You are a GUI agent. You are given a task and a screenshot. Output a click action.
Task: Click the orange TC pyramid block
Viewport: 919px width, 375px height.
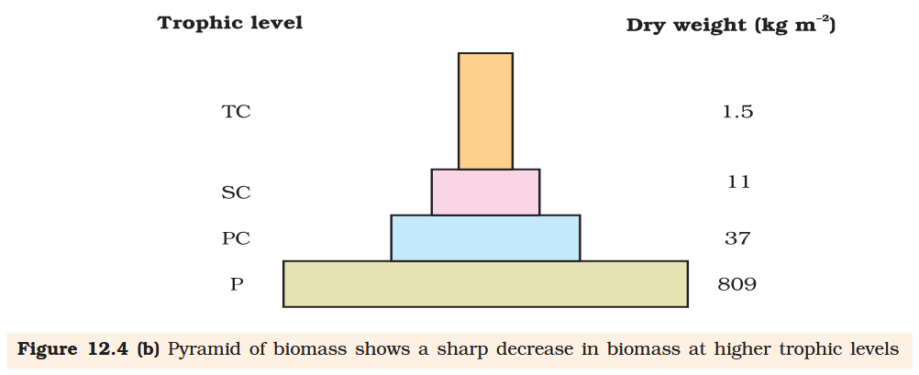tap(485, 111)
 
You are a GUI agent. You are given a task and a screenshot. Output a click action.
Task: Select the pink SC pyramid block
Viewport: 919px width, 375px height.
tap(485, 192)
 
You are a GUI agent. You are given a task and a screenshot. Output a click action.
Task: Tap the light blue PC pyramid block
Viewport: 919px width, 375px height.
tap(485, 237)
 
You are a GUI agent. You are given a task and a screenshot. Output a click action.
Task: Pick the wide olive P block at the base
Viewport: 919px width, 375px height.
tap(485, 283)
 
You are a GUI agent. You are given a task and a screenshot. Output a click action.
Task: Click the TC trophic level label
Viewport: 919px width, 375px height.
tap(236, 112)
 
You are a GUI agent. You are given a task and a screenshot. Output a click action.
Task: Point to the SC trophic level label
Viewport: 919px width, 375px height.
tap(236, 193)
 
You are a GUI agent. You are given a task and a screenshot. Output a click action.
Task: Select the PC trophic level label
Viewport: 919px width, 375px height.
tap(236, 238)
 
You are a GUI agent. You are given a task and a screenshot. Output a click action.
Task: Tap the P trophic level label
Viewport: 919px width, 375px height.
tap(237, 284)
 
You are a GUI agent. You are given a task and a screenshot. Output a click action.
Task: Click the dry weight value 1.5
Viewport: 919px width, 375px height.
tap(737, 112)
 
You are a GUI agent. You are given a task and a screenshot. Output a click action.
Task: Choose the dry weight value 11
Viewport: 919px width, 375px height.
tap(738, 182)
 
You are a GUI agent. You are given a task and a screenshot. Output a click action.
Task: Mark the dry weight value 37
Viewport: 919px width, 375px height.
tap(737, 238)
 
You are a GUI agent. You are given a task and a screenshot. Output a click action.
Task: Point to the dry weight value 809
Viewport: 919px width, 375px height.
tap(736, 284)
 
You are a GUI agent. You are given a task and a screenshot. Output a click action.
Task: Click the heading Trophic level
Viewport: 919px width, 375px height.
tap(230, 23)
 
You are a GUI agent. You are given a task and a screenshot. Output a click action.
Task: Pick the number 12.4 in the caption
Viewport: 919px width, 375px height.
tap(108, 351)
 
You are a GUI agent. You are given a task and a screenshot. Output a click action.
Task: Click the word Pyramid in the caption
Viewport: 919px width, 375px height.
tap(203, 351)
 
